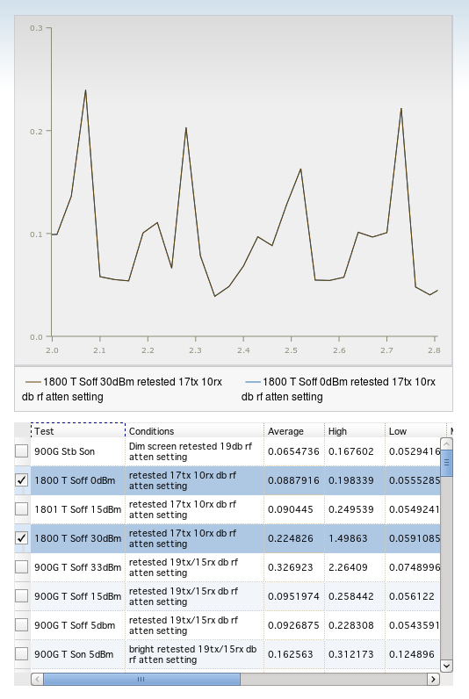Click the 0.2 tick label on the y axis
[36, 132]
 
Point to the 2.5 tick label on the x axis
[291, 350]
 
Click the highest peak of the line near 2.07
[85, 90]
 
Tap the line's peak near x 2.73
[401, 108]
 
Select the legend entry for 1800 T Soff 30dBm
[122, 389]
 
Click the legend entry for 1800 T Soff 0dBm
[338, 389]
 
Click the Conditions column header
[152, 431]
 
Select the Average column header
[285, 431]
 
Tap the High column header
[337, 431]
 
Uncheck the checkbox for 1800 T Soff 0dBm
[21, 480]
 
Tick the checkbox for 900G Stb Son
[21, 451]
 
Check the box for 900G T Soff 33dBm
[21, 567]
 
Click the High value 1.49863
[348, 538]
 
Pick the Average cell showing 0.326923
[291, 567]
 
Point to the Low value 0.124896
[412, 654]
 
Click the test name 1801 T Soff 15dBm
[78, 509]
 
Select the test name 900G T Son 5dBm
[74, 654]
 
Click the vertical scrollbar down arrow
[446, 666]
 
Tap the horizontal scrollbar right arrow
[433, 679]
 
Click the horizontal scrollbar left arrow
[38, 679]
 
